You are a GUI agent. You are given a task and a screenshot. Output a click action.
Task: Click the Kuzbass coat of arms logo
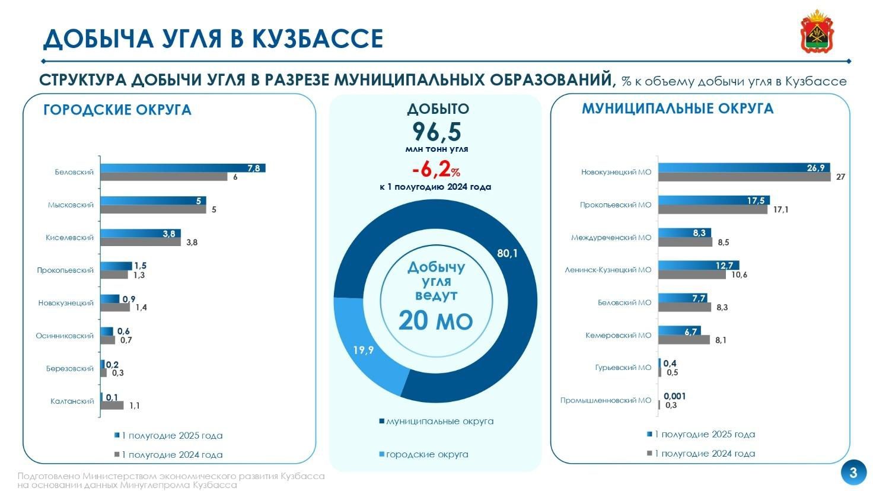[817, 31]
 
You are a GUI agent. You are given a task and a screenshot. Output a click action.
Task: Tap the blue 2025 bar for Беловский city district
[183, 168]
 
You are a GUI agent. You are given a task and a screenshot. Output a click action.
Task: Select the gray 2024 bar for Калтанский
[112, 405]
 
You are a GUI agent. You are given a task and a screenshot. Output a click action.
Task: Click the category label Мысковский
[71, 205]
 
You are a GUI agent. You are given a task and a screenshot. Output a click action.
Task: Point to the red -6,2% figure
[436, 170]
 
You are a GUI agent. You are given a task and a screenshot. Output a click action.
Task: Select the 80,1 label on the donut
[507, 254]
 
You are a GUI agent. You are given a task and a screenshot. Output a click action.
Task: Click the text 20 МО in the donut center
[436, 321]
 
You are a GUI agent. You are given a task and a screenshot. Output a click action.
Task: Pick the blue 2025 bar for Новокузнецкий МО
[744, 168]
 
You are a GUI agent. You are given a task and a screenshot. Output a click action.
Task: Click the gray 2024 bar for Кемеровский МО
[684, 340]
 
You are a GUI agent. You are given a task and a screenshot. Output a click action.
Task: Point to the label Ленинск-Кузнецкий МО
[607, 270]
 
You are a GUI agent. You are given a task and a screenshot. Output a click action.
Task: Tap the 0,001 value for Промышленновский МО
[675, 396]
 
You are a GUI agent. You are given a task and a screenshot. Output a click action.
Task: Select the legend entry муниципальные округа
[436, 421]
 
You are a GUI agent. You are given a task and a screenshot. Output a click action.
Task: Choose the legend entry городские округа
[423, 454]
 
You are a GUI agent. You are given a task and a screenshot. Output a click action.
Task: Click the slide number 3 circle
[853, 473]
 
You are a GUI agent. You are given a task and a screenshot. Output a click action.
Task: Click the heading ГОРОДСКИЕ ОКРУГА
[117, 110]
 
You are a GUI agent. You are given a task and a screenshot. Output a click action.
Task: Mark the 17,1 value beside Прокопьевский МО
[780, 210]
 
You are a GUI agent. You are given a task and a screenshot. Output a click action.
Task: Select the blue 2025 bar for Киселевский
[141, 234]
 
